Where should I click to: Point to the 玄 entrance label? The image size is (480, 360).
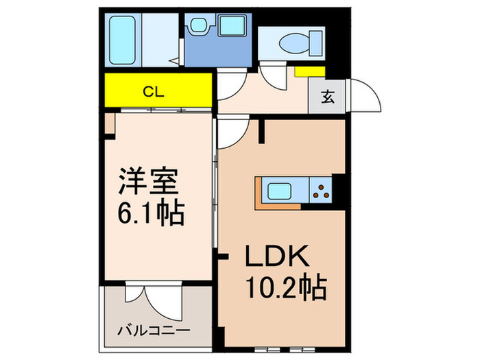pos(328,97)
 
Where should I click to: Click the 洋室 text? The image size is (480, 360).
pos(149,183)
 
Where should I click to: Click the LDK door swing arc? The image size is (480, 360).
pos(233,132)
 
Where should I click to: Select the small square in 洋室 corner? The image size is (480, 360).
pos(110,123)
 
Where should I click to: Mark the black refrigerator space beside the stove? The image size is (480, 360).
pos(337,190)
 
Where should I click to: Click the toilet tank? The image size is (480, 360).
pos(315,41)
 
